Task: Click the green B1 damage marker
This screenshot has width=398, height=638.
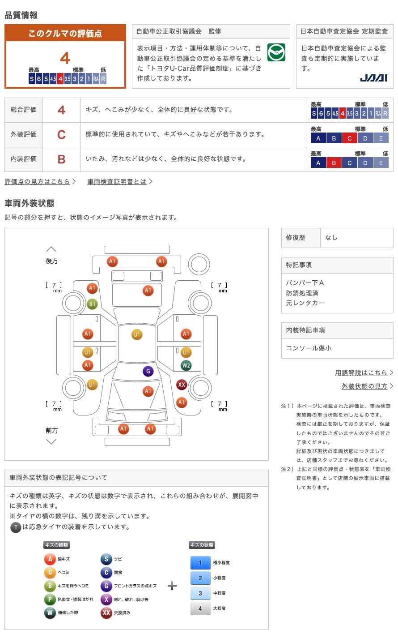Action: click(x=92, y=304)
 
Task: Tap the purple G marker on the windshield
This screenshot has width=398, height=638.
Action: click(x=148, y=371)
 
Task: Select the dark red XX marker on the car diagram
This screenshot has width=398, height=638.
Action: click(x=182, y=385)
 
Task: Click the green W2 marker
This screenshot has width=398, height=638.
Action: click(x=186, y=365)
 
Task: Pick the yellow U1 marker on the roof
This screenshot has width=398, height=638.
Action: click(x=137, y=334)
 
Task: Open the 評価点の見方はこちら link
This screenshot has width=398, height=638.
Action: click(x=37, y=181)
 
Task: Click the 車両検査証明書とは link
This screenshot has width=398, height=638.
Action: click(x=117, y=181)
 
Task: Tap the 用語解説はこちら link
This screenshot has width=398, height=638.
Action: click(x=361, y=373)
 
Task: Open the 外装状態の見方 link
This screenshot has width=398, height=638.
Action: click(x=364, y=386)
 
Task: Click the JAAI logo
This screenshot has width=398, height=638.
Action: click(x=374, y=78)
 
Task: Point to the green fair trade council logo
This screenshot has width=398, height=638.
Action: click(x=276, y=52)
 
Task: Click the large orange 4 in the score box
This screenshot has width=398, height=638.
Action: click(x=65, y=58)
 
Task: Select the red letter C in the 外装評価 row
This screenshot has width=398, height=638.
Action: click(x=61, y=135)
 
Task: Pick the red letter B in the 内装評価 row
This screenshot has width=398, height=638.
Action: click(x=61, y=159)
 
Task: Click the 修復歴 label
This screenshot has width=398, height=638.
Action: click(x=296, y=238)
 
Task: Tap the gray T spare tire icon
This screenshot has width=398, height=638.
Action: click(x=16, y=527)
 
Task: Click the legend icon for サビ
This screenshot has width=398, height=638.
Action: click(x=106, y=559)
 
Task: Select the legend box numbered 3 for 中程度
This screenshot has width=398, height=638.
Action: click(x=200, y=593)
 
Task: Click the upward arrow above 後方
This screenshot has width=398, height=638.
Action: click(x=51, y=249)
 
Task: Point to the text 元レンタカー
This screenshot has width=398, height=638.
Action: click(x=305, y=303)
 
